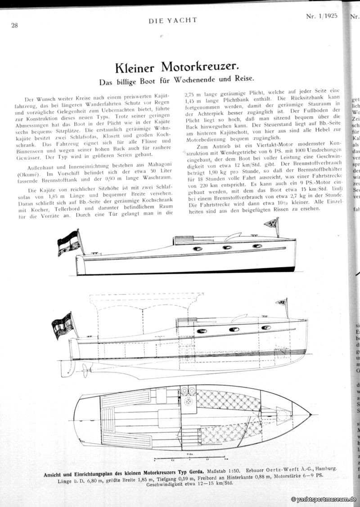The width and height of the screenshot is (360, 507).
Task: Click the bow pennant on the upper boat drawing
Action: [272, 222]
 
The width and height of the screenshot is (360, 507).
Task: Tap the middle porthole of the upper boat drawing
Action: [227, 247]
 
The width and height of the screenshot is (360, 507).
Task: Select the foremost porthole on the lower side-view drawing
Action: [266, 327]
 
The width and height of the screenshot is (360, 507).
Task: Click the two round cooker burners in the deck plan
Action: [189, 391]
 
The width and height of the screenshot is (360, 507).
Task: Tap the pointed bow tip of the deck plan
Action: [310, 414]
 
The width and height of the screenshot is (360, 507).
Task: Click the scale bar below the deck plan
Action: [193, 459]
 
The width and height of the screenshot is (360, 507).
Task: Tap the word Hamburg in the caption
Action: [323, 469]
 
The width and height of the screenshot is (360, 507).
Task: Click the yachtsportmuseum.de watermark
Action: [324, 499]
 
